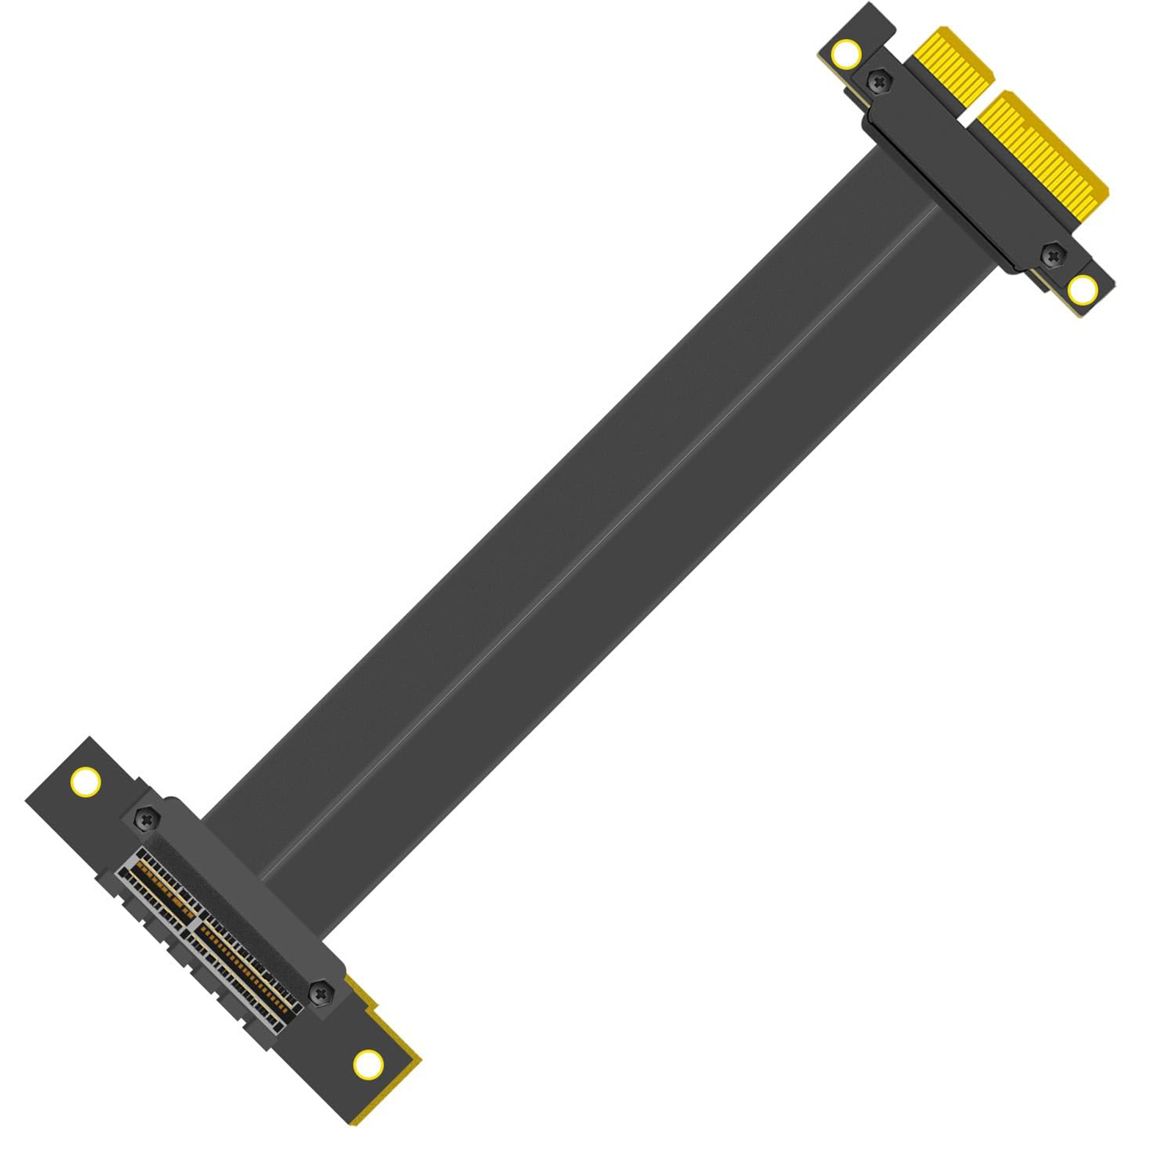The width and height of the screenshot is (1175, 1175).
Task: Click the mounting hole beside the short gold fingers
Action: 846,53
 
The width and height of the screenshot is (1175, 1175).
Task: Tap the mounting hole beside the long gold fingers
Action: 1082,290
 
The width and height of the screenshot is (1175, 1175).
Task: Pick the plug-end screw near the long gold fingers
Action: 1054,255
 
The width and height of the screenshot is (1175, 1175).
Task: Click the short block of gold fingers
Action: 953,65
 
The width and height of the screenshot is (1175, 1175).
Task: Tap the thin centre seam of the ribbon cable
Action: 602,536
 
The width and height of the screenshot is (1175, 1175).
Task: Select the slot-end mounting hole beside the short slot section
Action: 86,781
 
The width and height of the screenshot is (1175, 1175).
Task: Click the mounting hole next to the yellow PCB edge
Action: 367,1064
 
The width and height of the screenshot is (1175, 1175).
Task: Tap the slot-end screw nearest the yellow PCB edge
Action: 320,994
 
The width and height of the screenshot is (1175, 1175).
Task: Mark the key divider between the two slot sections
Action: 192,920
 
